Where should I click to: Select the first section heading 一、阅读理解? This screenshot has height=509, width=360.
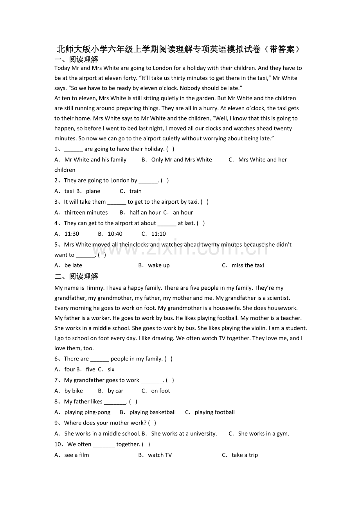[x=76, y=59]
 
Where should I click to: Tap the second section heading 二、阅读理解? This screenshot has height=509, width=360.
[x=76, y=276]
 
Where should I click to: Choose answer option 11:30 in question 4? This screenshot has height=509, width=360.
[x=72, y=234]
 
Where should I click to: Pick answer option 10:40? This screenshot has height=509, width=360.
[x=115, y=234]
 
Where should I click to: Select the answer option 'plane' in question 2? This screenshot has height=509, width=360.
[x=93, y=191]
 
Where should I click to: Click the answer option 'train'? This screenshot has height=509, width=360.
[x=135, y=191]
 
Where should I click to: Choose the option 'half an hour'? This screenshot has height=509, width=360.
[x=145, y=213]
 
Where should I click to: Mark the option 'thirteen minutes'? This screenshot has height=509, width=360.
[x=86, y=213]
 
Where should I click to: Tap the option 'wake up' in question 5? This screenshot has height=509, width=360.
[x=159, y=265]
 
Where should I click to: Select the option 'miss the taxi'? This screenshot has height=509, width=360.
[x=248, y=265]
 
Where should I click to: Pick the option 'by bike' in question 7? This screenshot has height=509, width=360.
[x=74, y=391]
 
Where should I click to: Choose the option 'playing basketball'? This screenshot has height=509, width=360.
[x=153, y=412]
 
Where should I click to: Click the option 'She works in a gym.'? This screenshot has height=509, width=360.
[x=263, y=434]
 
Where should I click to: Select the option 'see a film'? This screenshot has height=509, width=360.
[x=77, y=455]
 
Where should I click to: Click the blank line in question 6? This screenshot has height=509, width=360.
[x=99, y=359]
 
